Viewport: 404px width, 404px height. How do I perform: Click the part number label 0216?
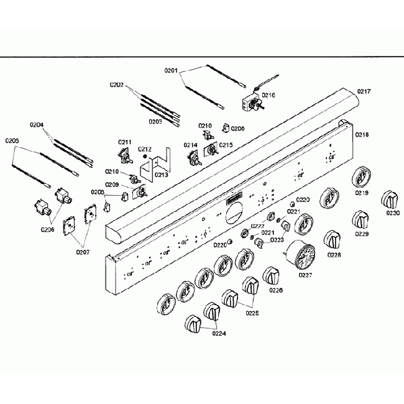coord(269,95)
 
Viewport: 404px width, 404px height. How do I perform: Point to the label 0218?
coord(362,135)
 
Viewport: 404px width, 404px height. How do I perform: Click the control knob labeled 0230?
coord(390,200)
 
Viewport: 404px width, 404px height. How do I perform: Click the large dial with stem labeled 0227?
coord(304,255)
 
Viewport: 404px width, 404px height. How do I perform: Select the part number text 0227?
coord(305,275)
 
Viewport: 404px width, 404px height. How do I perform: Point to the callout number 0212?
coord(144,149)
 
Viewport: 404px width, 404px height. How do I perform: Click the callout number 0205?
coord(12,141)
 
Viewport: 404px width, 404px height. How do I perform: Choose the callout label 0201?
coord(172,70)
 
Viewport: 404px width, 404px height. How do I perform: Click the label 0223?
coord(277,239)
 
